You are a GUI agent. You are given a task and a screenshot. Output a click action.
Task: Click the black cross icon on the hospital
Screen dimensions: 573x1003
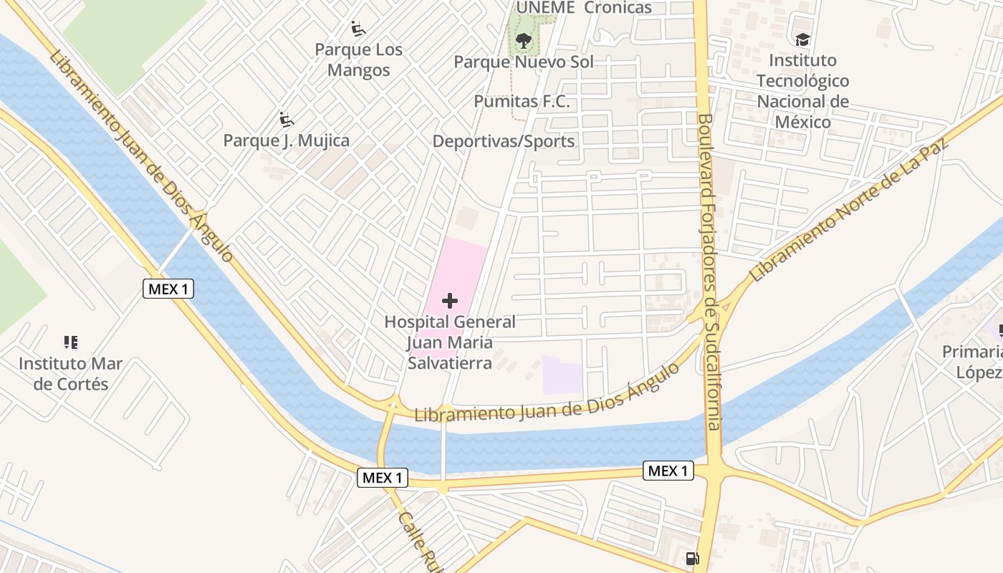pos(450,301)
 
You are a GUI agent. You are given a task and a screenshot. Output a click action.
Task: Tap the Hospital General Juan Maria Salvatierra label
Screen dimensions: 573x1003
pos(450,342)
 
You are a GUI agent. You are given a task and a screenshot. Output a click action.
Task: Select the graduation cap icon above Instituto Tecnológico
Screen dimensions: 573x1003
pos(802,39)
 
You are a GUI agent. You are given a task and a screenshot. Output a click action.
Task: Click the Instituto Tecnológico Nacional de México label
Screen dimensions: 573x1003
pos(803,91)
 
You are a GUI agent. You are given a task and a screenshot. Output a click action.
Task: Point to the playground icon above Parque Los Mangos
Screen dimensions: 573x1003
pos(358,29)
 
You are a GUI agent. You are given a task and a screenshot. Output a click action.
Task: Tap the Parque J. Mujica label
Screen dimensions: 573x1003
pos(287,140)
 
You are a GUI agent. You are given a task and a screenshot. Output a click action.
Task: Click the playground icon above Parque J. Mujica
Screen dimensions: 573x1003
pos(287,119)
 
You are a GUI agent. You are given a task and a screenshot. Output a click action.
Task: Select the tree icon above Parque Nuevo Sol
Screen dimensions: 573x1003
pos(524,40)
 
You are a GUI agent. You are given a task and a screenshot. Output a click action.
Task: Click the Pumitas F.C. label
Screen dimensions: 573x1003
pos(522,102)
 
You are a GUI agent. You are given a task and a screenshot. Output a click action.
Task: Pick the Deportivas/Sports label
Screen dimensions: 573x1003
pos(504,141)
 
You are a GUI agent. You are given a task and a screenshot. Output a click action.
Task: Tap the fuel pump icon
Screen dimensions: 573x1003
pos(692,559)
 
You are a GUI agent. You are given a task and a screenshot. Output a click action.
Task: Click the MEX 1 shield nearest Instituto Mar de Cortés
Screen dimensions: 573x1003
pos(168,289)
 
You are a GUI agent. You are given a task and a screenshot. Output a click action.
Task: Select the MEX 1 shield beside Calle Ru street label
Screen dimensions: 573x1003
pos(383,478)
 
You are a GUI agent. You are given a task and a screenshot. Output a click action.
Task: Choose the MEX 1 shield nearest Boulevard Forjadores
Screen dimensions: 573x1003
pos(669,471)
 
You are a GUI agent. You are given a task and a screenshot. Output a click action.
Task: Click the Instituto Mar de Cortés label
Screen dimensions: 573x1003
pos(71,373)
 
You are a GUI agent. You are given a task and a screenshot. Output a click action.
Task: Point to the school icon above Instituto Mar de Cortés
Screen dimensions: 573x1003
pos(70,342)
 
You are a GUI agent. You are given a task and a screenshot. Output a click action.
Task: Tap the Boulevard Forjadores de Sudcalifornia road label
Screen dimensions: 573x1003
pos(709,272)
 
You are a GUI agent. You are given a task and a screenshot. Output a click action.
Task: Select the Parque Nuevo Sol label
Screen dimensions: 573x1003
pos(524,62)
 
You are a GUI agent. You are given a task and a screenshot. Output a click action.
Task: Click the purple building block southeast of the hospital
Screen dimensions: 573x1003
pos(562,374)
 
